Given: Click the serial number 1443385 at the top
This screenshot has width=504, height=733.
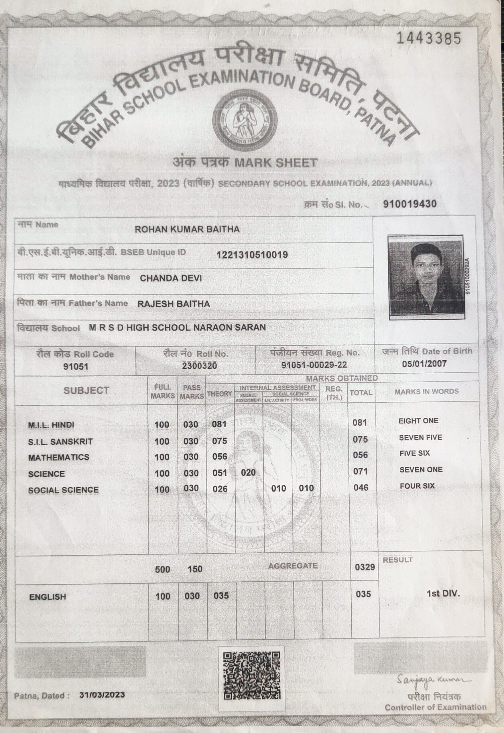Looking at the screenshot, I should click(x=428, y=38).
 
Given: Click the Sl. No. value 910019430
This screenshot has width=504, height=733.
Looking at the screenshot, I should click(x=409, y=204).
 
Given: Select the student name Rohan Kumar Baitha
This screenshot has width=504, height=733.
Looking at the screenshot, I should click(x=187, y=229).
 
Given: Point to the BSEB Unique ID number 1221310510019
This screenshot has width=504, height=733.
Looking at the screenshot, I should click(x=252, y=255).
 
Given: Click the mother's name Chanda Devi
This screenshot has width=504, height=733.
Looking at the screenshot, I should click(x=170, y=278).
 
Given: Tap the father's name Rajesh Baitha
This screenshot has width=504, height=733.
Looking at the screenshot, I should click(x=174, y=304).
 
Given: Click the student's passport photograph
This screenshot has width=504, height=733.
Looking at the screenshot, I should click(x=426, y=277).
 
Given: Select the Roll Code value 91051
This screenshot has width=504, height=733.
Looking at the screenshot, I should click(x=76, y=366).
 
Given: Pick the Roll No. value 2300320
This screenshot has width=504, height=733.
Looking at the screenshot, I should click(x=199, y=366).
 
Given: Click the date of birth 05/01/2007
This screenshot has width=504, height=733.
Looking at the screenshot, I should click(x=424, y=364).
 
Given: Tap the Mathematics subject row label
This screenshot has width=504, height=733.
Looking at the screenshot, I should click(x=59, y=457).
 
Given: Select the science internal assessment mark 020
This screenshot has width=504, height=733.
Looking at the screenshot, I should click(x=248, y=472).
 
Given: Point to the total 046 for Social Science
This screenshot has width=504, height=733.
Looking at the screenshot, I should click(x=361, y=488).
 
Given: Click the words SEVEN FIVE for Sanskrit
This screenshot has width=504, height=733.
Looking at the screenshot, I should click(x=420, y=438).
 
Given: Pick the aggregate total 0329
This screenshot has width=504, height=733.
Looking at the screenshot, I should click(x=365, y=567).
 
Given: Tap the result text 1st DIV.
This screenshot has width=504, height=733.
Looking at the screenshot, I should click(x=443, y=594).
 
